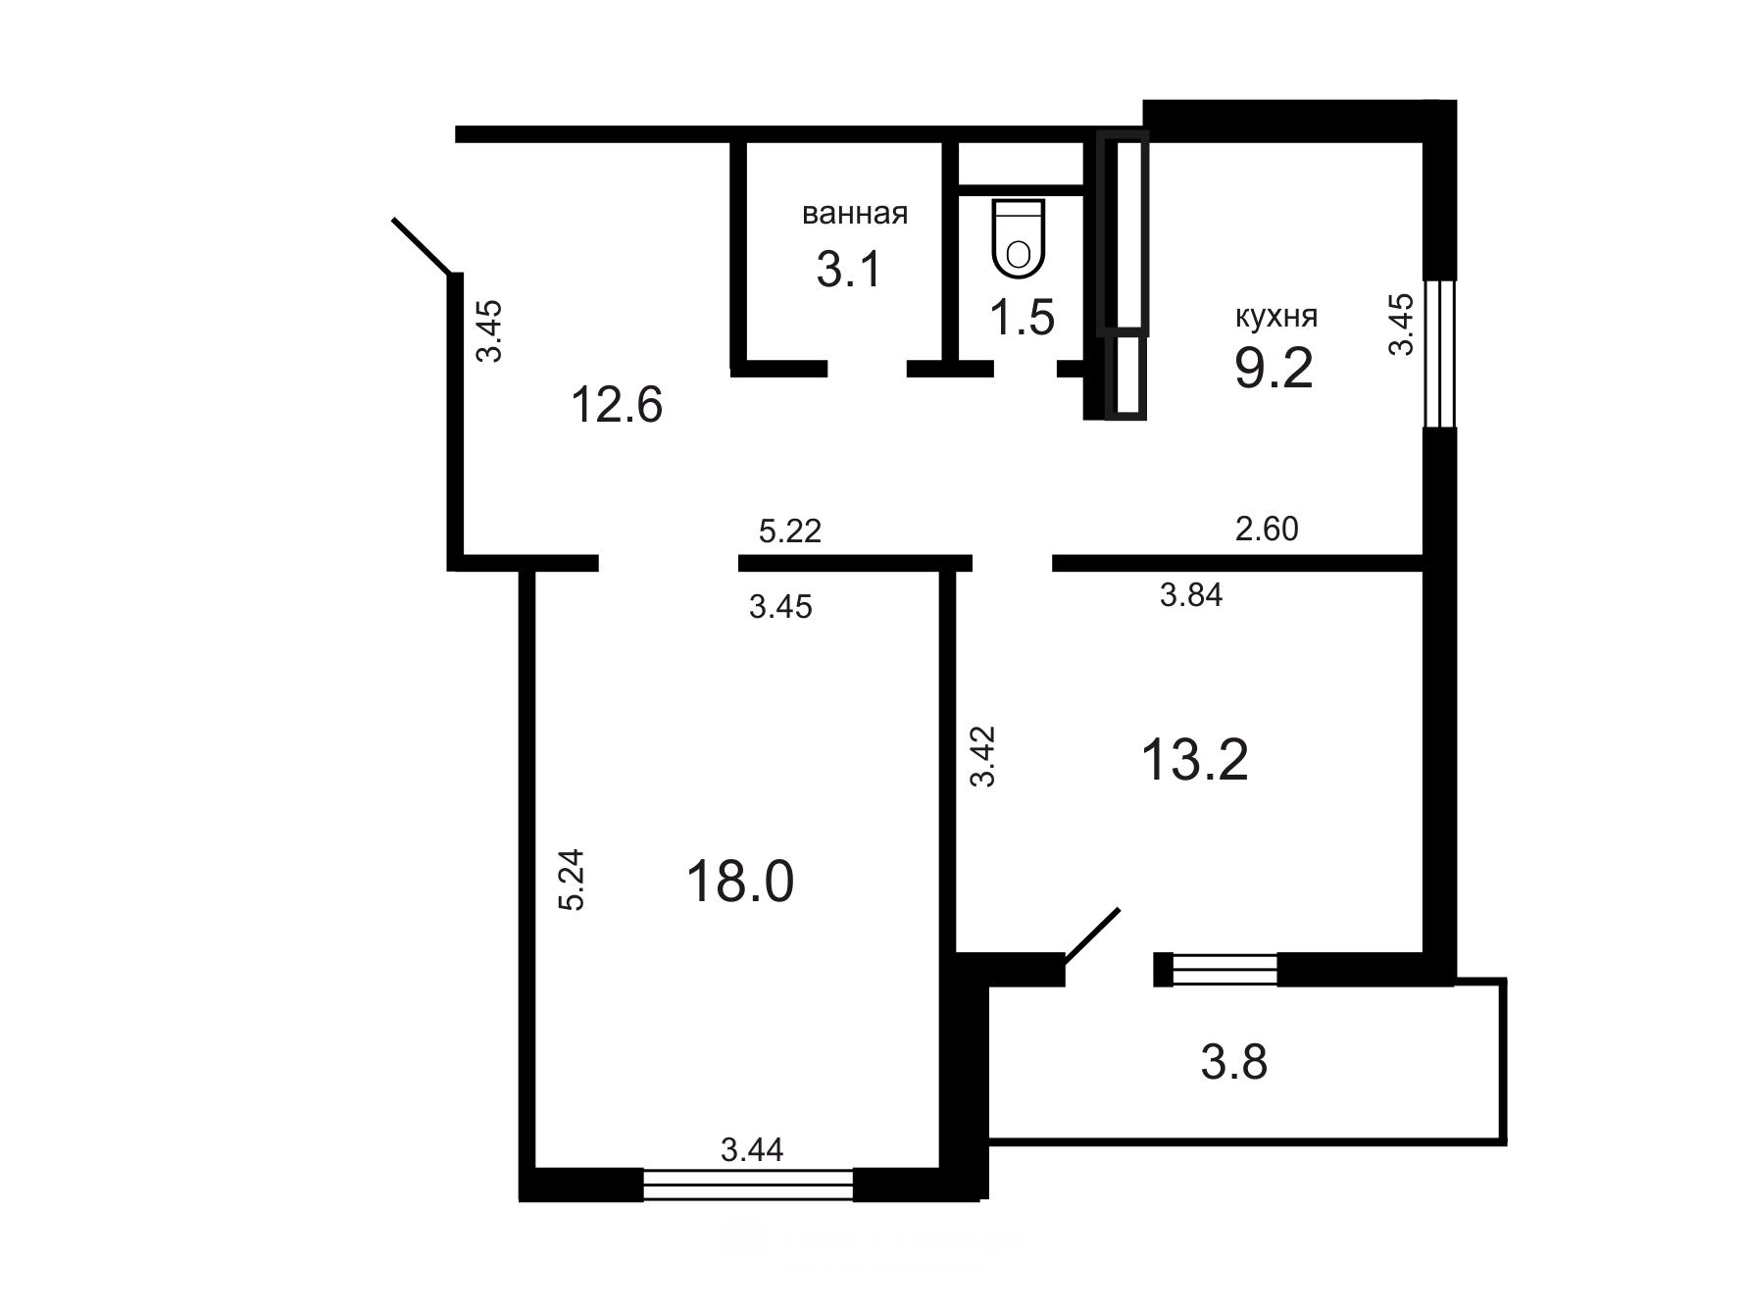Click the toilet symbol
pyautogui.click(x=1020, y=238)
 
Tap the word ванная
pyautogui.click(x=855, y=213)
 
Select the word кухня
pyautogui.click(x=1275, y=317)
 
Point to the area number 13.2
pyautogui.click(x=1195, y=760)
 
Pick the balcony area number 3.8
pyautogui.click(x=1233, y=1062)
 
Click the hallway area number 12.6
pyautogui.click(x=617, y=404)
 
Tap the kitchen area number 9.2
pyautogui.click(x=1274, y=369)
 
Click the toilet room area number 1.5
pyautogui.click(x=1022, y=318)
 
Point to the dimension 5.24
pyautogui.click(x=571, y=880)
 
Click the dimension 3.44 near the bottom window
pyautogui.click(x=752, y=1149)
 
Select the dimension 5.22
pyautogui.click(x=790, y=531)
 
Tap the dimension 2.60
pyautogui.click(x=1267, y=529)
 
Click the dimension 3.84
pyautogui.click(x=1191, y=594)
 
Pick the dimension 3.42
pyautogui.click(x=982, y=756)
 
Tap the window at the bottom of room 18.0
pyautogui.click(x=748, y=1185)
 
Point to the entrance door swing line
pyautogui.click(x=423, y=246)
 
